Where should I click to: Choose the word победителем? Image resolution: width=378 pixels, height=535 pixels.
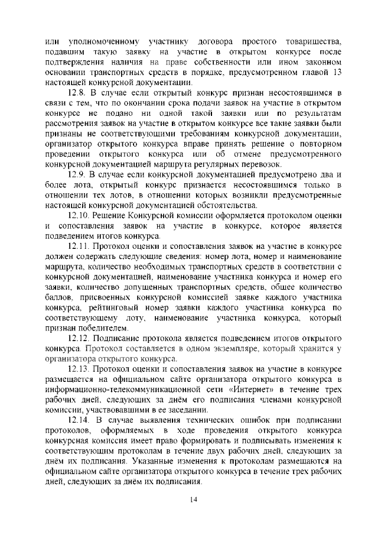[x=98, y=328]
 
